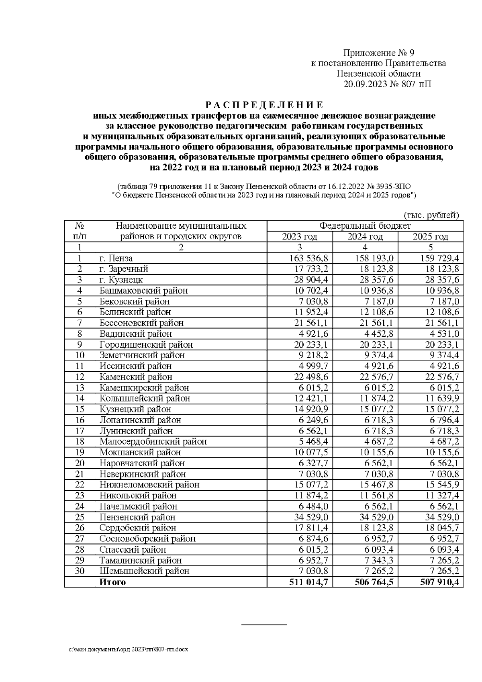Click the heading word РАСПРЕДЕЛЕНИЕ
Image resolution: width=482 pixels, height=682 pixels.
pos(264,105)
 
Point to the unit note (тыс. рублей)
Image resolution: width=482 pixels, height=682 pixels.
pos(430,215)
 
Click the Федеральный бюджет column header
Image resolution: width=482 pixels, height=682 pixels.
pos(365,226)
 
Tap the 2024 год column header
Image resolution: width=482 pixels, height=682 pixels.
pos(365,237)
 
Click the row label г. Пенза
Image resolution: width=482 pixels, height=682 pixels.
pos(116,258)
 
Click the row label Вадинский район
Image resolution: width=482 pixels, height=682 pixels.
pos(136,334)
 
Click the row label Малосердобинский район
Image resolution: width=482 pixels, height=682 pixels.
pos(153,442)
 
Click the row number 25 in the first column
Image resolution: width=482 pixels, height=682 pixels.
pos(80,517)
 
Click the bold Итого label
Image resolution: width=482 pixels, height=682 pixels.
pos(112,582)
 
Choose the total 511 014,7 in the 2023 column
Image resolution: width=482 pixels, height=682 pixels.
pos(308,582)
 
